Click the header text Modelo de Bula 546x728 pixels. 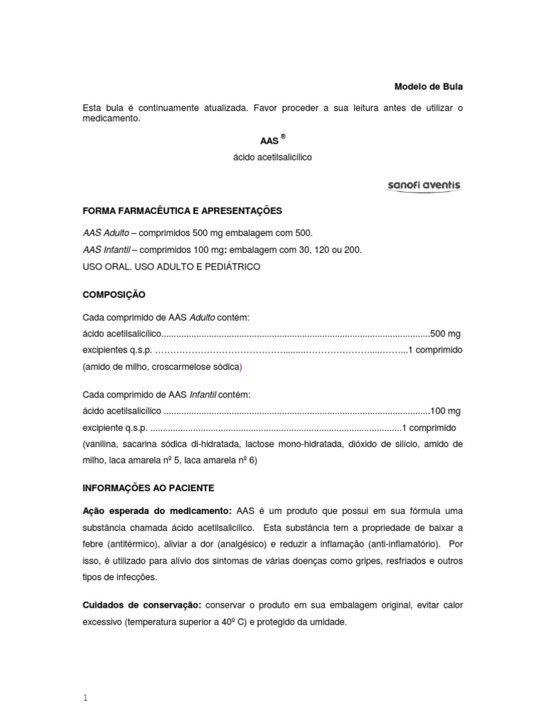click(428, 87)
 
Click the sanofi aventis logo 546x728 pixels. click(424, 186)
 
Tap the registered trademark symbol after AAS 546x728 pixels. click(283, 136)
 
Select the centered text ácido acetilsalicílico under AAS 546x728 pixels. click(272, 157)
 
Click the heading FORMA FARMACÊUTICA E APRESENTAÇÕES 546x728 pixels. click(183, 211)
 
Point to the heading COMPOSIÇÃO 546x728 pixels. click(114, 294)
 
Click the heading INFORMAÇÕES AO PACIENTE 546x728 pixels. click(148, 489)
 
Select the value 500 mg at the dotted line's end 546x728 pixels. click(446, 333)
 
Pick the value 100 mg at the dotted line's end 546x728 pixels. click(446, 411)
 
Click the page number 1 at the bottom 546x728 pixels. click(85, 678)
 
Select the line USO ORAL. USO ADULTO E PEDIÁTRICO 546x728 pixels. click(171, 267)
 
